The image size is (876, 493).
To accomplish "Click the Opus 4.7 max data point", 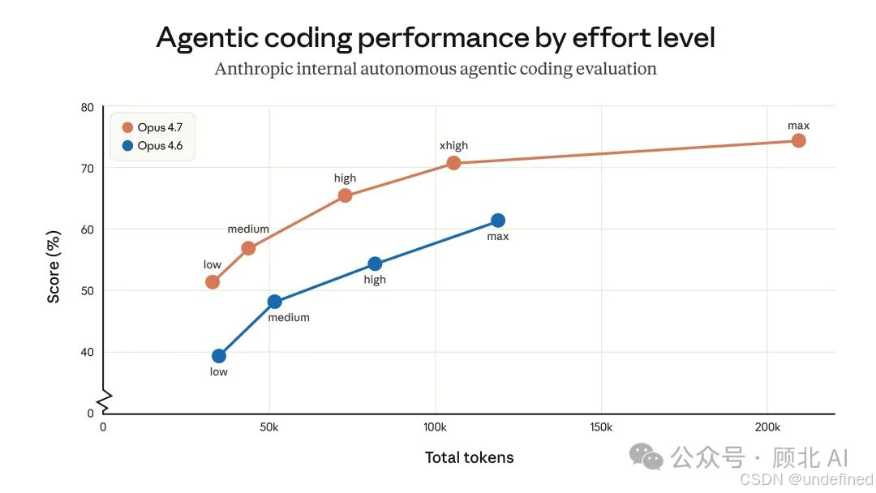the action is [798, 141].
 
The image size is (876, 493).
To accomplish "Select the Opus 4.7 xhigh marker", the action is [453, 163].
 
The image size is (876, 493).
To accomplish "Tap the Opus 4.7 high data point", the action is [346, 195].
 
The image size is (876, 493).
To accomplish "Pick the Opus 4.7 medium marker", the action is [249, 248].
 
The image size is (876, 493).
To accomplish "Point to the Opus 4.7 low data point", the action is [213, 282].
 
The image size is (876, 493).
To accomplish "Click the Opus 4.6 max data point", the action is [498, 221].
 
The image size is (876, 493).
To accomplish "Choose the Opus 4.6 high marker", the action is [375, 264].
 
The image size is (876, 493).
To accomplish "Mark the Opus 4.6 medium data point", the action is [274, 302].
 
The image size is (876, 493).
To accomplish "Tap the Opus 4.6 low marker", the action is [219, 356].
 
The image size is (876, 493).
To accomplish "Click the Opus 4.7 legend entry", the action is [152, 127].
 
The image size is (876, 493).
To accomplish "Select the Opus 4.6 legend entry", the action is [152, 146].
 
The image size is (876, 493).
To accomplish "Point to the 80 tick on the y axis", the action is [87, 107].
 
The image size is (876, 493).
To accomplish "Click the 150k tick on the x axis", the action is [601, 427].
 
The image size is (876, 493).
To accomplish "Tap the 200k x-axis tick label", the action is [767, 427].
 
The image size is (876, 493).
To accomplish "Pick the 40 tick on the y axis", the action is [87, 352].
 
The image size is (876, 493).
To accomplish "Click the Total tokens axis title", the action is [470, 458].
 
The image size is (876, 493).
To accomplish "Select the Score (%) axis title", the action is [53, 267].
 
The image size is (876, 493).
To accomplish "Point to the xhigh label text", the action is [453, 146].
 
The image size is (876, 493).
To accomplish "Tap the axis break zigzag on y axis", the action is [105, 402].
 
